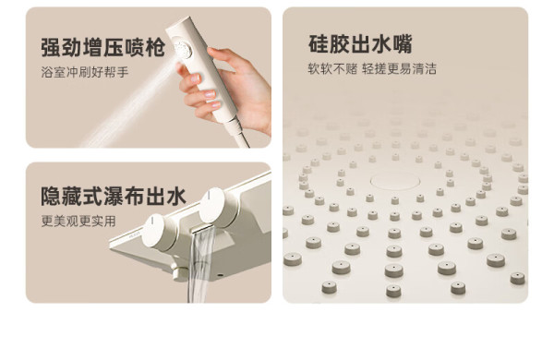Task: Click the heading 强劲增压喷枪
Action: point(102,47)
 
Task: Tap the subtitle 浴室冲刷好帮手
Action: point(85,72)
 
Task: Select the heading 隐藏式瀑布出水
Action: point(114,196)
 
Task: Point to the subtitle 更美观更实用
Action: point(78,222)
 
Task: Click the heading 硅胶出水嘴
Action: point(360,43)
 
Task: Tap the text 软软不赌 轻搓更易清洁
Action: point(372,68)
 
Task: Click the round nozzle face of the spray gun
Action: point(183,51)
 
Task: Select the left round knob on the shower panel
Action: point(158,232)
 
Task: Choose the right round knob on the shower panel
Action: point(218,208)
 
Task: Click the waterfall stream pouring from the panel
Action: point(199,266)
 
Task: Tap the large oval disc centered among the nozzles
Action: point(395,181)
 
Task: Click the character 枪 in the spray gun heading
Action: point(155,47)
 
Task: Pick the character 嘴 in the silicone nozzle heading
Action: point(402,43)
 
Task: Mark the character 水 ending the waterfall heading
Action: point(176,196)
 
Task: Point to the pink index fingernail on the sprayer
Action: point(210,94)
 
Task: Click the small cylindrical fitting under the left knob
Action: point(181,271)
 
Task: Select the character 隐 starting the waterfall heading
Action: point(51,196)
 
